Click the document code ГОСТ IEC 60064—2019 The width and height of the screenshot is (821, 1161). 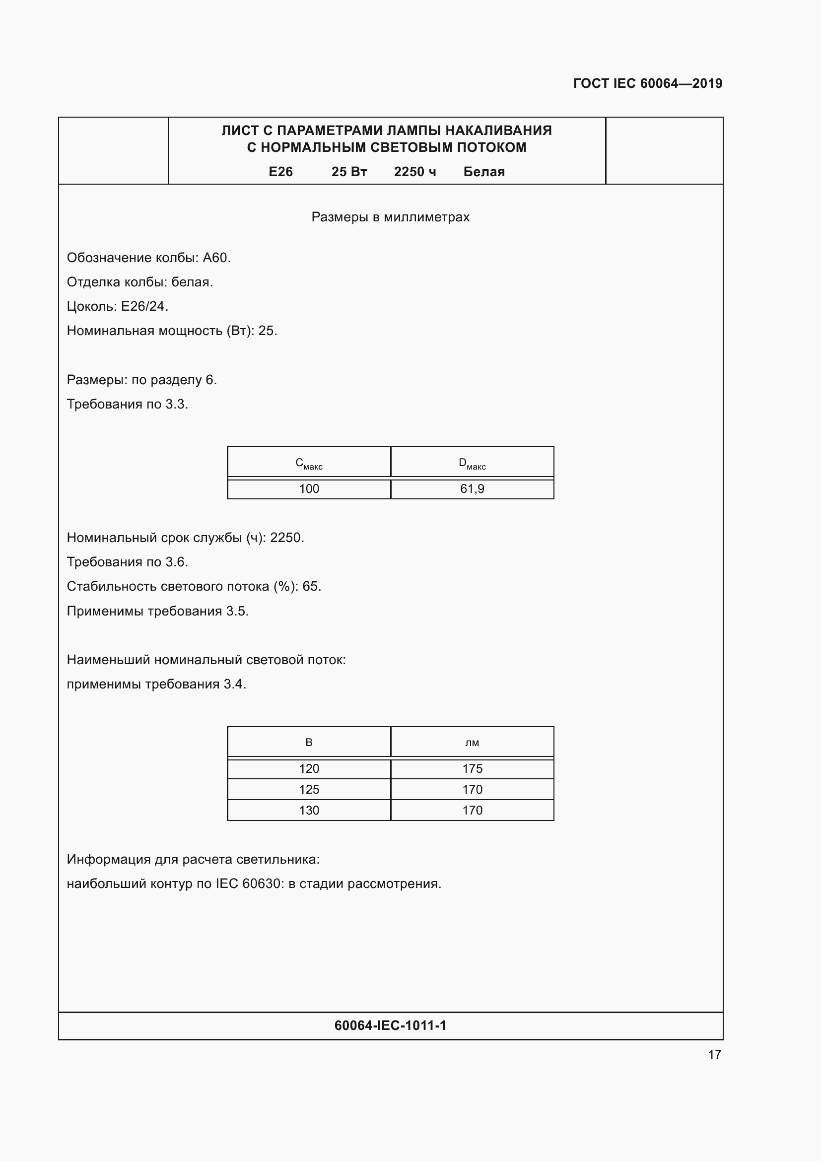tap(648, 83)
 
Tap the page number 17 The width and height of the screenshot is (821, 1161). tap(714, 1054)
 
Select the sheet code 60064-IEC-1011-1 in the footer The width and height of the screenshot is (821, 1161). tap(390, 1025)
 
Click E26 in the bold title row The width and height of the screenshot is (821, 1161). tap(280, 172)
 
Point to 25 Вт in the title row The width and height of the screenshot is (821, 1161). tap(349, 172)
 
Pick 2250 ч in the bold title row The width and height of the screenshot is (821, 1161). tap(415, 172)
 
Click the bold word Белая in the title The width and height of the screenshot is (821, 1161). tap(484, 172)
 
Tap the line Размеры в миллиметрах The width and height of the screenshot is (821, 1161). tap(390, 217)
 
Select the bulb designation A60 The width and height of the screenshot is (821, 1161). tap(216, 258)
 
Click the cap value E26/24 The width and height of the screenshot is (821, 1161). tap(144, 306)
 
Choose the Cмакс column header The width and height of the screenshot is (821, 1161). tap(309, 463)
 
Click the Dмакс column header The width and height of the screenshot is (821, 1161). tap(472, 463)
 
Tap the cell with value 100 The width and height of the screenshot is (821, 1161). tap(309, 489)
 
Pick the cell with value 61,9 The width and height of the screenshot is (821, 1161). tap(472, 489)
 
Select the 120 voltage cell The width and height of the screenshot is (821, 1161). tap(309, 768)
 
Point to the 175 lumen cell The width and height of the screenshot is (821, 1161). tap(472, 768)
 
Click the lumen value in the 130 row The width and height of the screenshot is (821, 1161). tap(472, 810)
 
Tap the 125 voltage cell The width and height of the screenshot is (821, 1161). tap(309, 789)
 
